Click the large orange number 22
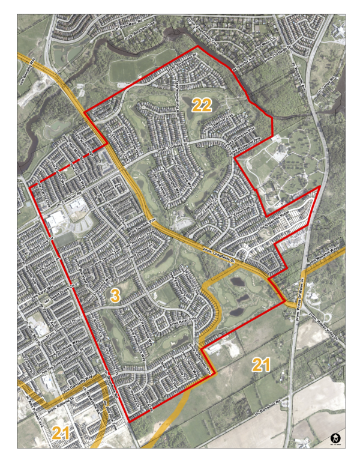click(x=202, y=106)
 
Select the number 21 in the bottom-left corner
click(x=61, y=432)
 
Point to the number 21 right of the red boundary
click(x=260, y=364)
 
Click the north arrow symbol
click(x=336, y=440)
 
